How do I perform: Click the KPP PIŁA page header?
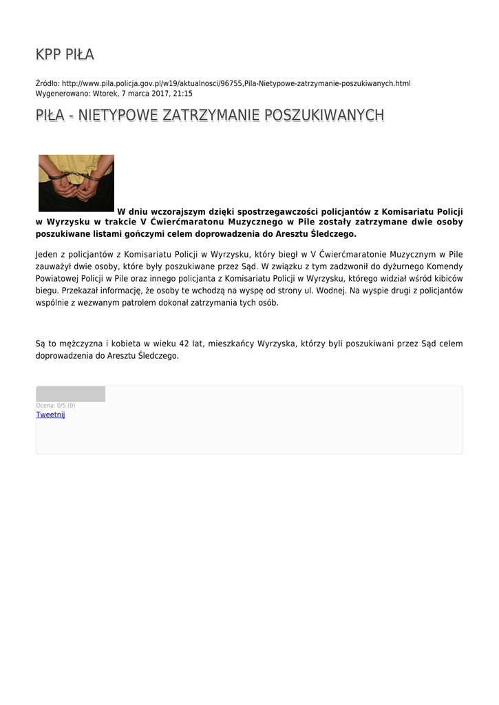point(65,54)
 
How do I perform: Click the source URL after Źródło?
point(236,83)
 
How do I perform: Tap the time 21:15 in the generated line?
point(182,94)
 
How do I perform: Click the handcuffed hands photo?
point(76,182)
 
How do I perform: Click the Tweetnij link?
point(50,414)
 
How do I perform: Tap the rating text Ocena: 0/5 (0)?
point(56,406)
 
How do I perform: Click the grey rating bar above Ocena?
point(70,394)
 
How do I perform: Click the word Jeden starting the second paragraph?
point(47,254)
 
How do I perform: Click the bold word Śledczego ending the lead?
point(333,233)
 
